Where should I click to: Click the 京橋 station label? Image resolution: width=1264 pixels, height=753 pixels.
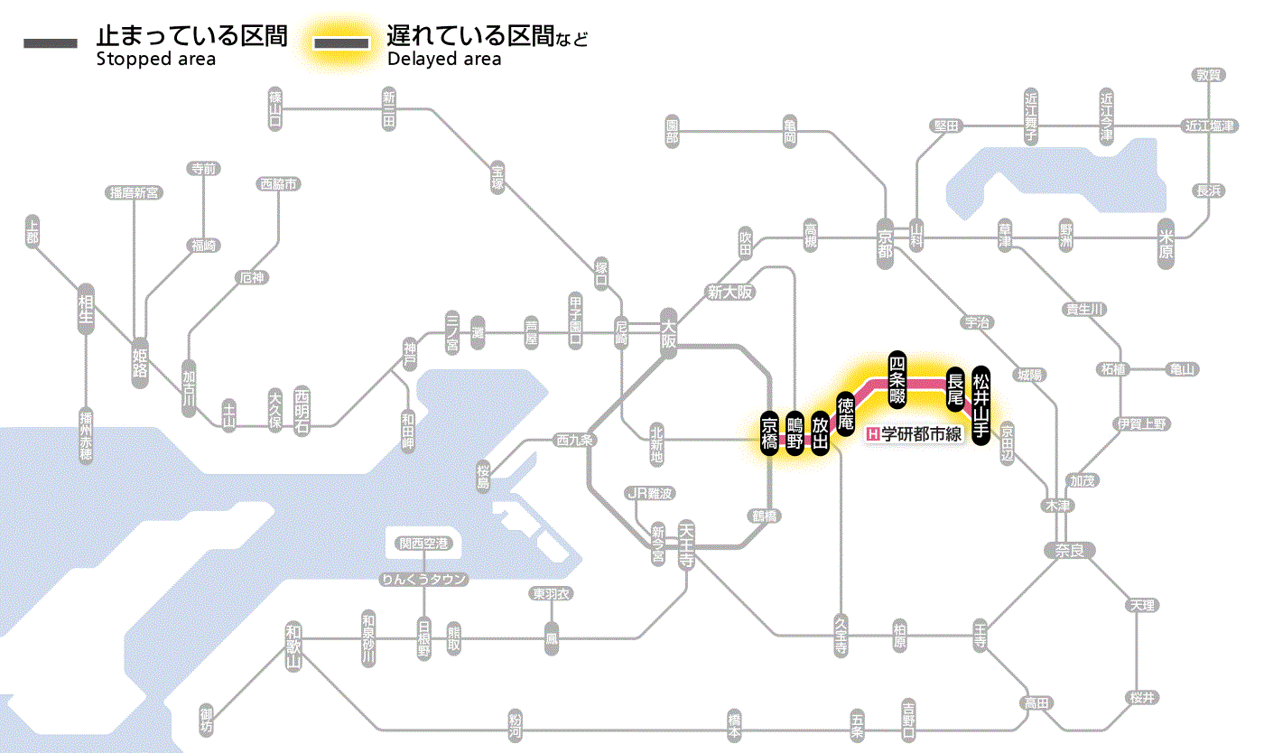click(769, 434)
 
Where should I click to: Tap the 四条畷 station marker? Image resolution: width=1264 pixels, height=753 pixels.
click(897, 379)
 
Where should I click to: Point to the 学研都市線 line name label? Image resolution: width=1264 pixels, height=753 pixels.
click(922, 434)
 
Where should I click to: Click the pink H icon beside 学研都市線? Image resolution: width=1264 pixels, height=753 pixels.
click(872, 434)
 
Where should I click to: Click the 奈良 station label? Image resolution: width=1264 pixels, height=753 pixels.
click(1069, 549)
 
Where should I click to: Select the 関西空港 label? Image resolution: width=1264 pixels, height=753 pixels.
click(423, 544)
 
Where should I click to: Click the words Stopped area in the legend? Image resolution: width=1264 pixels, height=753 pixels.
click(156, 60)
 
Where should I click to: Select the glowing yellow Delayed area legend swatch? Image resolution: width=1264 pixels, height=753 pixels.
click(340, 42)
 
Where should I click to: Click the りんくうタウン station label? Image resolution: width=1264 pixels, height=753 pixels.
click(424, 579)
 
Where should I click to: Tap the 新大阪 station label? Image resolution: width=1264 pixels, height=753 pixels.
click(730, 292)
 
